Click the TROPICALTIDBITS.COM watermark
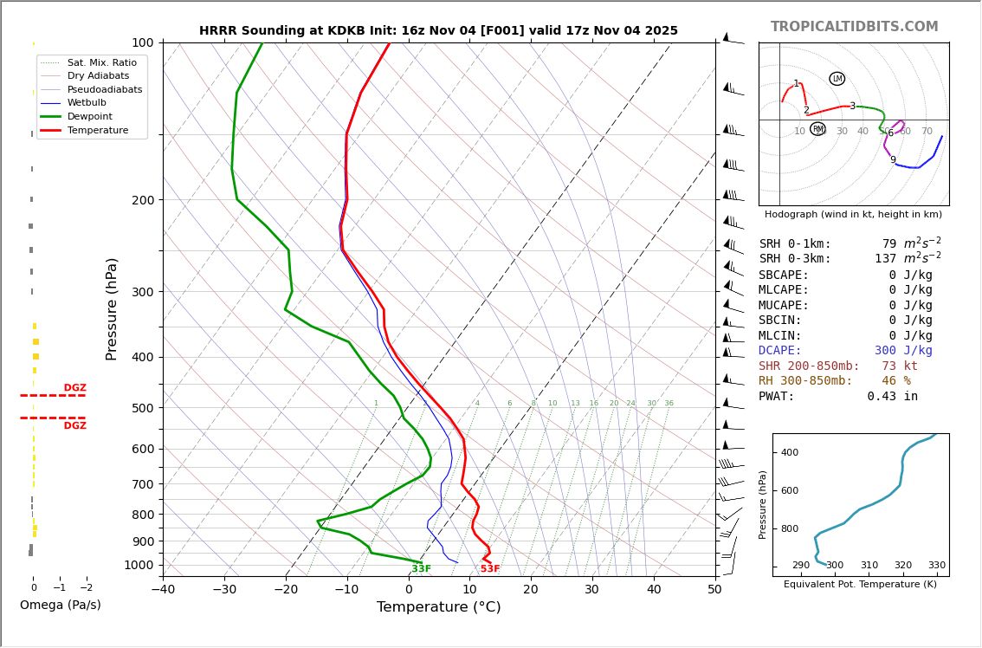[854, 27]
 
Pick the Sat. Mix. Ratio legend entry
[101, 62]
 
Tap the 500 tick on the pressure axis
[143, 408]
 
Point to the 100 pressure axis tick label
[143, 42]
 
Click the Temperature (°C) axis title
[438, 607]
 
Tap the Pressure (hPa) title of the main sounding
[112, 308]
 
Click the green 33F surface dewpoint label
[421, 569]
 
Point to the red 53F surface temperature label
[490, 569]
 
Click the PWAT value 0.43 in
[892, 397]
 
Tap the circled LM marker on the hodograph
[837, 79]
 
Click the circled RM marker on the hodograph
[817, 129]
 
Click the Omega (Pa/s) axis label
[61, 606]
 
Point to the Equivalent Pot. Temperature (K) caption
[860, 585]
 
